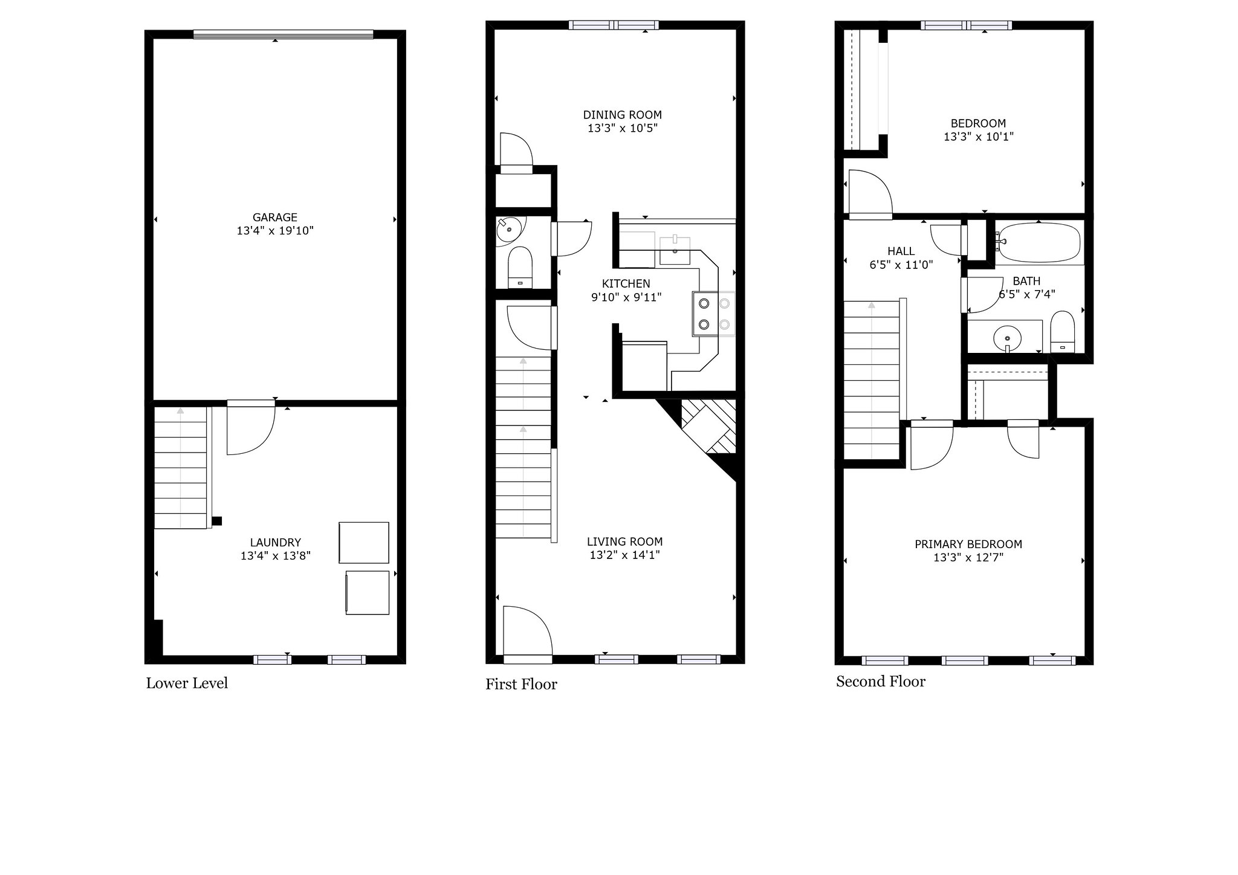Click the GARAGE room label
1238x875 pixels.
point(275,217)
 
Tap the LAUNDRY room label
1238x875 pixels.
point(276,543)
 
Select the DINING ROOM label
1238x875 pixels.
point(623,115)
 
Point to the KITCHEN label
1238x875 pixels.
point(626,283)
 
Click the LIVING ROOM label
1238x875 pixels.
point(625,541)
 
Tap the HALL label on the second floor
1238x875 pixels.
point(901,251)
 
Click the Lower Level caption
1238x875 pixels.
point(187,683)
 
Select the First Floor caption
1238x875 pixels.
point(521,684)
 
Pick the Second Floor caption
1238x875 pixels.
point(881,682)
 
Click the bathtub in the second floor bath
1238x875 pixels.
point(1038,242)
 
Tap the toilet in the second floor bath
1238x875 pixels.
point(1061,332)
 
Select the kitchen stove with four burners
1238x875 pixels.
point(714,314)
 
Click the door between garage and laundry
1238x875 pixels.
point(251,428)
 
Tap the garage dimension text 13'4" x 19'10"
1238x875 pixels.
point(275,231)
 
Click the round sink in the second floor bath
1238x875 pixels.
point(1007,335)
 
